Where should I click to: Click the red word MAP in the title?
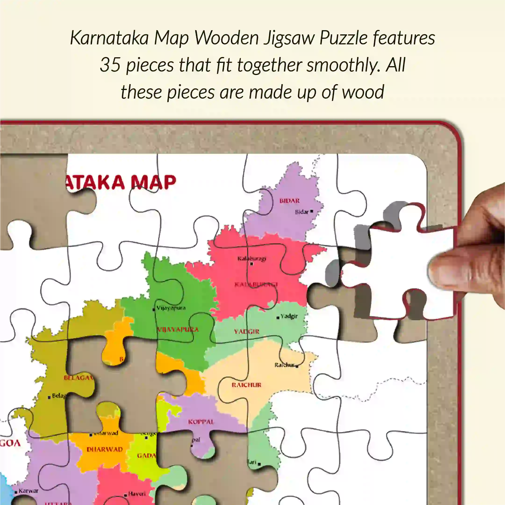(154, 182)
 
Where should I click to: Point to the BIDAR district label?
(289, 201)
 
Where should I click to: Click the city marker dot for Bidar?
(312, 211)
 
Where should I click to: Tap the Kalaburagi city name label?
(251, 258)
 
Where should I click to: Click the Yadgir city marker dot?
(278, 318)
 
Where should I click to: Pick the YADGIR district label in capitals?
(247, 331)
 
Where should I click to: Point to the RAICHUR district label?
(246, 385)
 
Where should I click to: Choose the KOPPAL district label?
(201, 422)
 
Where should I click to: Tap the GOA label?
(11, 443)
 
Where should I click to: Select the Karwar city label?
(29, 491)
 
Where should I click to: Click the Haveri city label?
(137, 494)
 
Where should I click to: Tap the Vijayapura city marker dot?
(154, 310)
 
